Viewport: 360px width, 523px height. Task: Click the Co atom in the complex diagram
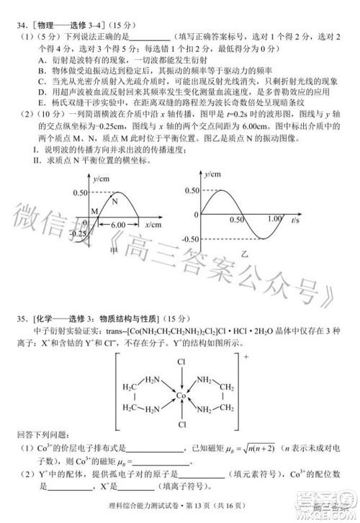tap(181, 395)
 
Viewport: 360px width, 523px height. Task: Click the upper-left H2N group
tap(152, 380)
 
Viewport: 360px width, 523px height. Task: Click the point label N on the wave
tap(114, 202)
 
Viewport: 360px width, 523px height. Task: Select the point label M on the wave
tap(94, 210)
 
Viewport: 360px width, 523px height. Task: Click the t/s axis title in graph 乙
tap(297, 220)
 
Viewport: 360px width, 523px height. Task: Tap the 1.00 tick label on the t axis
tap(274, 219)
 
